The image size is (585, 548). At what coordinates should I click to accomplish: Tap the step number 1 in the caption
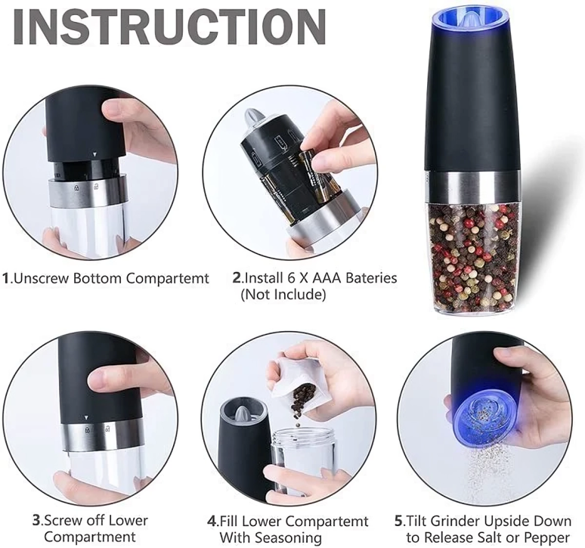click(x=7, y=278)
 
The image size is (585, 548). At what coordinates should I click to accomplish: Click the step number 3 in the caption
click(x=36, y=521)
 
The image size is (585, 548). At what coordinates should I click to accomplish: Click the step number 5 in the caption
click(x=398, y=521)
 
